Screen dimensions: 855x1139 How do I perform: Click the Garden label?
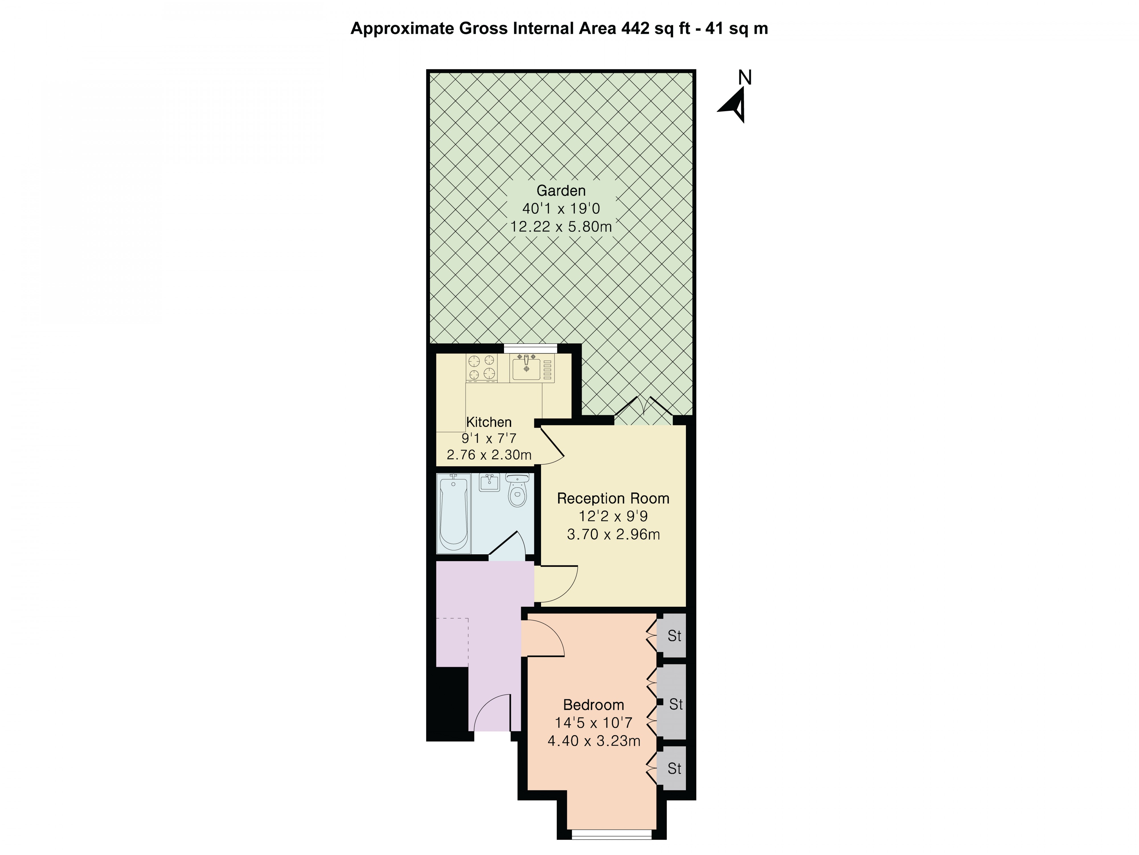click(561, 191)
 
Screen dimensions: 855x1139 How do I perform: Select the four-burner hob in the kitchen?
click(482, 367)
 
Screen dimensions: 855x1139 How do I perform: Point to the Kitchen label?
click(489, 422)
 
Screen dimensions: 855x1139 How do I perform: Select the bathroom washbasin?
click(489, 483)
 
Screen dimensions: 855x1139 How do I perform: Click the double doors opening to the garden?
click(643, 412)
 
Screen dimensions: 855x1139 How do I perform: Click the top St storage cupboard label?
click(674, 636)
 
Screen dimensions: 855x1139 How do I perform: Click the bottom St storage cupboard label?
click(674, 768)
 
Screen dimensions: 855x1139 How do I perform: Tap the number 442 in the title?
click(635, 28)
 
